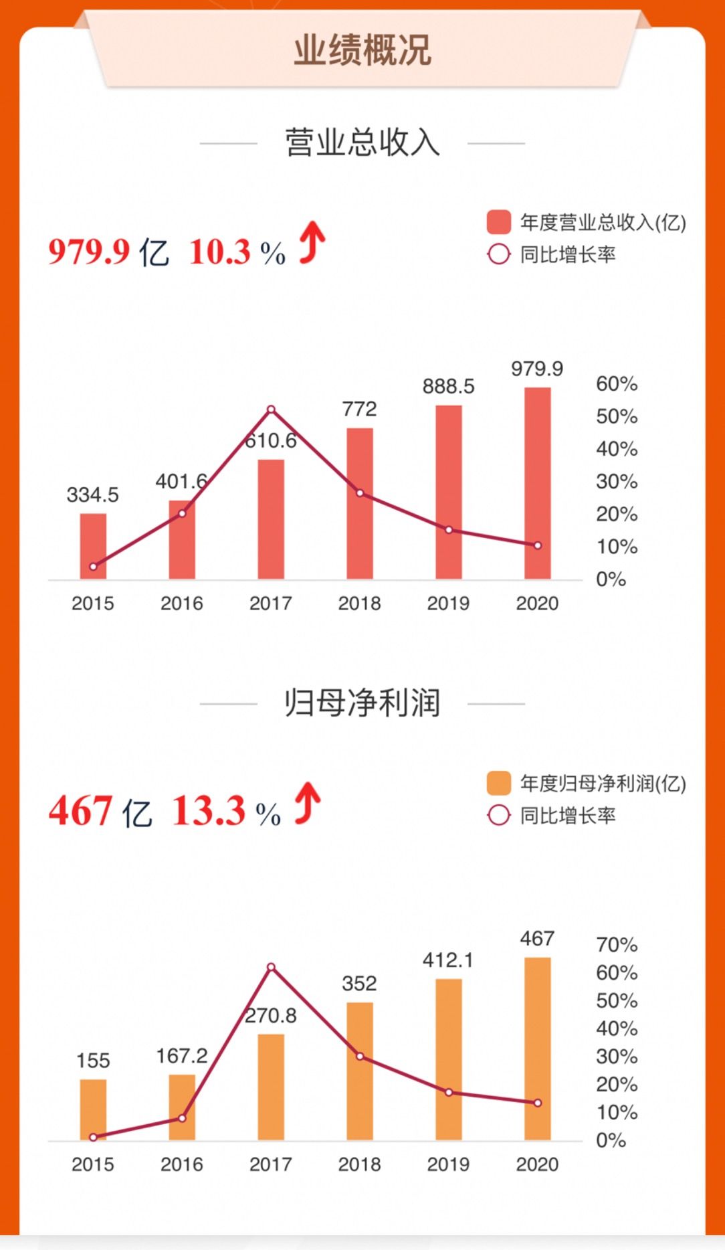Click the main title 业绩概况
coord(362,50)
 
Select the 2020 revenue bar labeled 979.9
coord(537,482)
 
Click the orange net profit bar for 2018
coord(360,1071)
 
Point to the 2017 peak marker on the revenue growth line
coord(271,410)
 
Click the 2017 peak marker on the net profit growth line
coord(271,967)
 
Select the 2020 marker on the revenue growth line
coord(538,545)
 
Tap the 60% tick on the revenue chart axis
coord(616,384)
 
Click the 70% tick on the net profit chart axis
coord(616,945)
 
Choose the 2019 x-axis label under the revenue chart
coord(448,604)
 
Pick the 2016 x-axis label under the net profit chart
coord(182,1164)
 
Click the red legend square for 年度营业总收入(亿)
coord(499,222)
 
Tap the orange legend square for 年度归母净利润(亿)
coord(499,783)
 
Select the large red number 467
coord(80,811)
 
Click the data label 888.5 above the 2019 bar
coord(448,386)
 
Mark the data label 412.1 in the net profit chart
coord(447,960)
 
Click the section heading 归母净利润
coord(362,703)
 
